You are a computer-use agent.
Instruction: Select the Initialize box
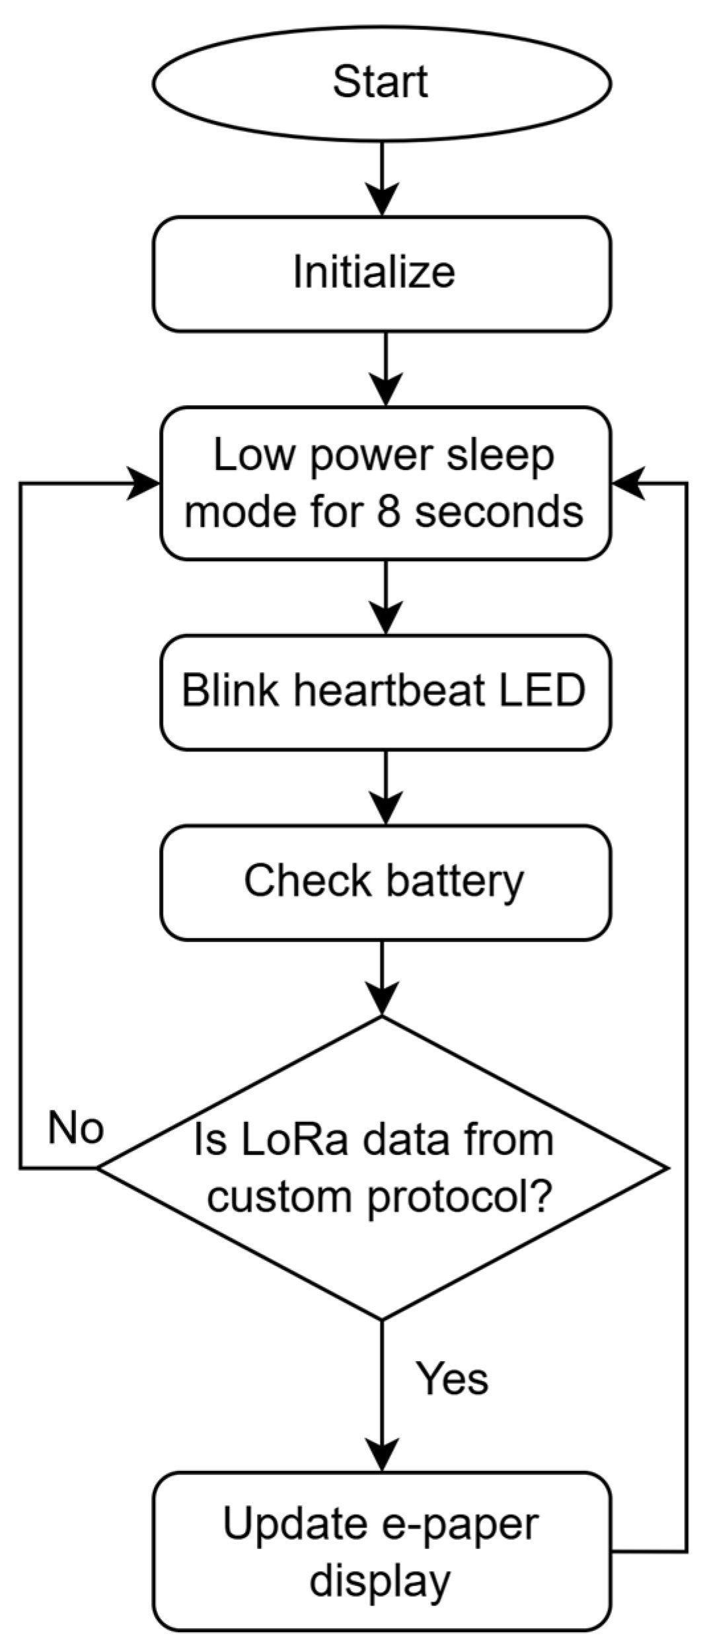pyautogui.click(x=381, y=273)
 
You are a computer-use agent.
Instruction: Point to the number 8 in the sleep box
pyautogui.click(x=389, y=511)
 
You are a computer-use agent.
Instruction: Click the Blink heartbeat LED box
pyautogui.click(x=385, y=691)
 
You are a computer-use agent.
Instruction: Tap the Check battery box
pyautogui.click(x=385, y=882)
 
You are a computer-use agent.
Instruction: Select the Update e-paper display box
pyautogui.click(x=381, y=1552)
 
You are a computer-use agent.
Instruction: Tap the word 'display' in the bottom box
pyautogui.click(x=381, y=1582)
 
